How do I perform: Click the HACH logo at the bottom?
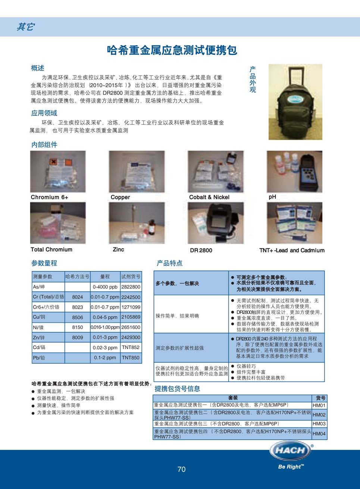(x=291, y=451)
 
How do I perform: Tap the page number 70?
(x=181, y=469)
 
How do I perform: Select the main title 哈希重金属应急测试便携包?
(x=172, y=50)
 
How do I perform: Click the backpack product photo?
(x=295, y=102)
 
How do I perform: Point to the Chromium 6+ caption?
(x=49, y=197)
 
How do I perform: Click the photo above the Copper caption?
(x=137, y=172)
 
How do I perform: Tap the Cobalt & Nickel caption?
(x=209, y=197)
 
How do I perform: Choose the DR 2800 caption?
(x=201, y=250)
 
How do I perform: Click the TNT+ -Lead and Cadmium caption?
(x=292, y=250)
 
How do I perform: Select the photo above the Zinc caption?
(x=137, y=223)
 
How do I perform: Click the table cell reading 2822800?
(x=131, y=287)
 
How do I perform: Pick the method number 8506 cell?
(x=78, y=317)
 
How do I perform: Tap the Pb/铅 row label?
(x=39, y=358)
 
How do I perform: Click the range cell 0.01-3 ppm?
(x=105, y=337)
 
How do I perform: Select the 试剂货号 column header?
(x=131, y=277)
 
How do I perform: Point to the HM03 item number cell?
(x=319, y=424)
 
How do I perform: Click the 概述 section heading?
(x=38, y=68)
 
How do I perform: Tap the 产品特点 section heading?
(x=169, y=263)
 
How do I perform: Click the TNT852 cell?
(x=131, y=348)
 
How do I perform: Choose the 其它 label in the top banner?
(x=25, y=27)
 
